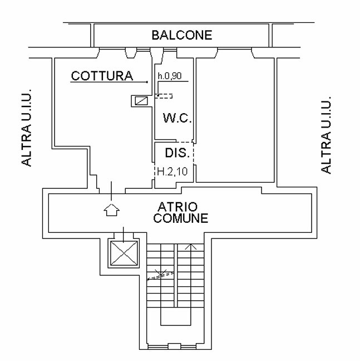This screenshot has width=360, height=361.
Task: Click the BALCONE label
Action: [x=181, y=35]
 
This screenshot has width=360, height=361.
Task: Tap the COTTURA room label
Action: [x=102, y=76]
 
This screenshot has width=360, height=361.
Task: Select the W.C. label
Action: [x=177, y=118]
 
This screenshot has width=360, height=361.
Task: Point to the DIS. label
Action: [x=177, y=153]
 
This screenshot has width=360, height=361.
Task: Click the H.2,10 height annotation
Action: [x=172, y=172]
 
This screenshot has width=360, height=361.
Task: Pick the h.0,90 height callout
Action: [x=170, y=76]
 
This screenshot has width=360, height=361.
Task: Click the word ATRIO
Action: [x=177, y=207]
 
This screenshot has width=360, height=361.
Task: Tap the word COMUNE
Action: [x=181, y=218]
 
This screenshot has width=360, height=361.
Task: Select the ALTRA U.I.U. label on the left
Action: [x=26, y=128]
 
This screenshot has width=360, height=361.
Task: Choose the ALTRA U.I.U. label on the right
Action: [x=326, y=135]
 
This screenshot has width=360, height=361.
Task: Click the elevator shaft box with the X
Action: [x=124, y=253]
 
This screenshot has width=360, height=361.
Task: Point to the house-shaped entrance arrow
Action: [x=111, y=209]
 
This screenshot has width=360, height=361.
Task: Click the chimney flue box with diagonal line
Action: [x=141, y=101]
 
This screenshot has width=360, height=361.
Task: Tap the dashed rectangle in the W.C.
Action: [x=164, y=96]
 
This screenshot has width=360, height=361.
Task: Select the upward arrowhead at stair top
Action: [x=191, y=247]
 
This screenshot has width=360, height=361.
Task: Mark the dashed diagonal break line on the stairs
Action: [x=160, y=276]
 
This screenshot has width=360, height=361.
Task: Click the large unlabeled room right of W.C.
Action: [x=235, y=120]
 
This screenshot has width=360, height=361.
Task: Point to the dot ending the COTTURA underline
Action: [x=147, y=82]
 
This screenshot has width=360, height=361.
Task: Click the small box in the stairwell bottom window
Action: [x=175, y=347]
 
